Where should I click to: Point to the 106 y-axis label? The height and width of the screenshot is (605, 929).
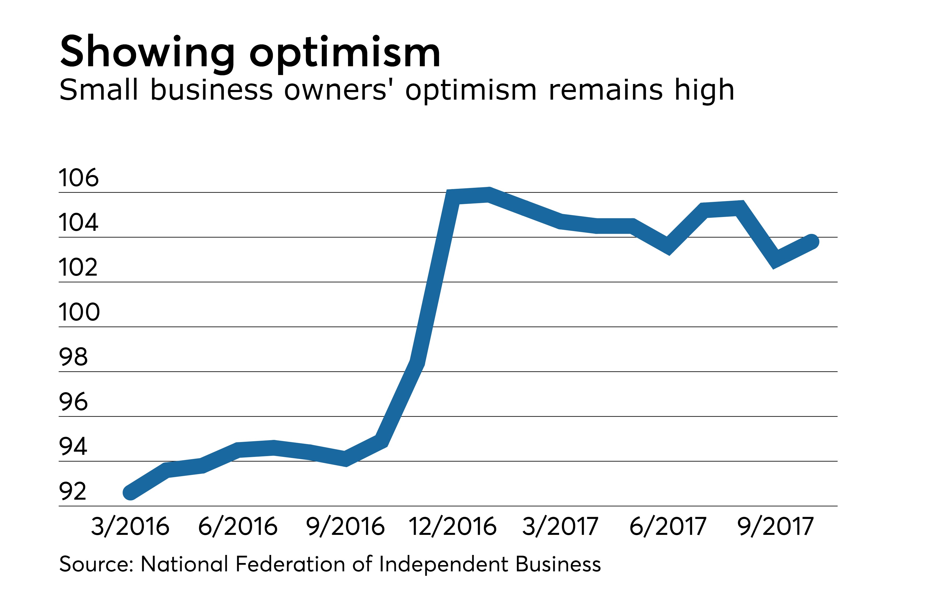79,178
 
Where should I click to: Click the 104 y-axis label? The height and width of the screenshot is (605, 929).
79,223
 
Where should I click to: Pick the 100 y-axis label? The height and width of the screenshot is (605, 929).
79,312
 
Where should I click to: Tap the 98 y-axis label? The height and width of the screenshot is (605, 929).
73,357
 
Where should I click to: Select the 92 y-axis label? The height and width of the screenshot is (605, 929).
73,492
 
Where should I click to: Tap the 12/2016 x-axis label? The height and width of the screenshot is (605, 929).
453,527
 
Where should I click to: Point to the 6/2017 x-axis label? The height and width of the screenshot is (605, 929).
668,527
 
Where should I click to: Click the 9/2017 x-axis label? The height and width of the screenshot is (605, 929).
776,527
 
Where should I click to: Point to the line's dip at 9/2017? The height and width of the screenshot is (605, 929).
776,259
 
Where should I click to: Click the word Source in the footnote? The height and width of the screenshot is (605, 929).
96,564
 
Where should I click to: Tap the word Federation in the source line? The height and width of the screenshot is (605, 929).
290,564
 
